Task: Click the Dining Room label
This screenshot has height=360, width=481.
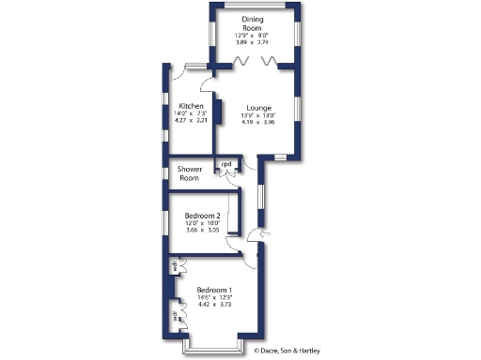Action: [252, 23]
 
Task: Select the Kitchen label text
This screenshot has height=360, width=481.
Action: [192, 106]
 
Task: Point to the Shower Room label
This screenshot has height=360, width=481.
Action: [191, 172]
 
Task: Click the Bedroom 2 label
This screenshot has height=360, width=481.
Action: [202, 217]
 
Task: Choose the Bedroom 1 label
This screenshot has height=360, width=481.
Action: [214, 291]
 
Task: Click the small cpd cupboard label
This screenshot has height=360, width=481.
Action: [226, 165]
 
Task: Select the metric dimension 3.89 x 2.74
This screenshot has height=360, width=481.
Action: [252, 43]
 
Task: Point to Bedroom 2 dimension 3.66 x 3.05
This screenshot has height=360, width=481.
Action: [202, 231]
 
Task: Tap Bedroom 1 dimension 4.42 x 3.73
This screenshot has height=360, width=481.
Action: [214, 305]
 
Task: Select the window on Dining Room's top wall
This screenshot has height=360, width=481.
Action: [253, 7]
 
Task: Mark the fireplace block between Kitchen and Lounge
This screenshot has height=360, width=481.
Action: [217, 112]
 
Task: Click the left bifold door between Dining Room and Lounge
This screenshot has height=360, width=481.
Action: [240, 61]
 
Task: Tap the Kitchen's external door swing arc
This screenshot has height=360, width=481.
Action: [178, 73]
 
